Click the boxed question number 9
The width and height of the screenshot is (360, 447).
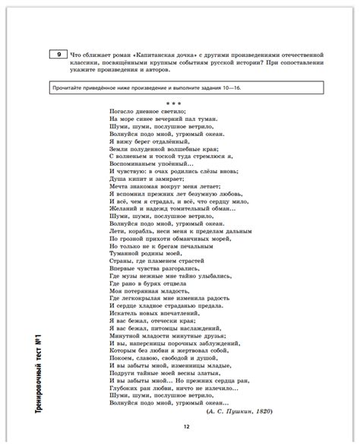56,55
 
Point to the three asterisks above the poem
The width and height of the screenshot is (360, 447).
174,102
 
